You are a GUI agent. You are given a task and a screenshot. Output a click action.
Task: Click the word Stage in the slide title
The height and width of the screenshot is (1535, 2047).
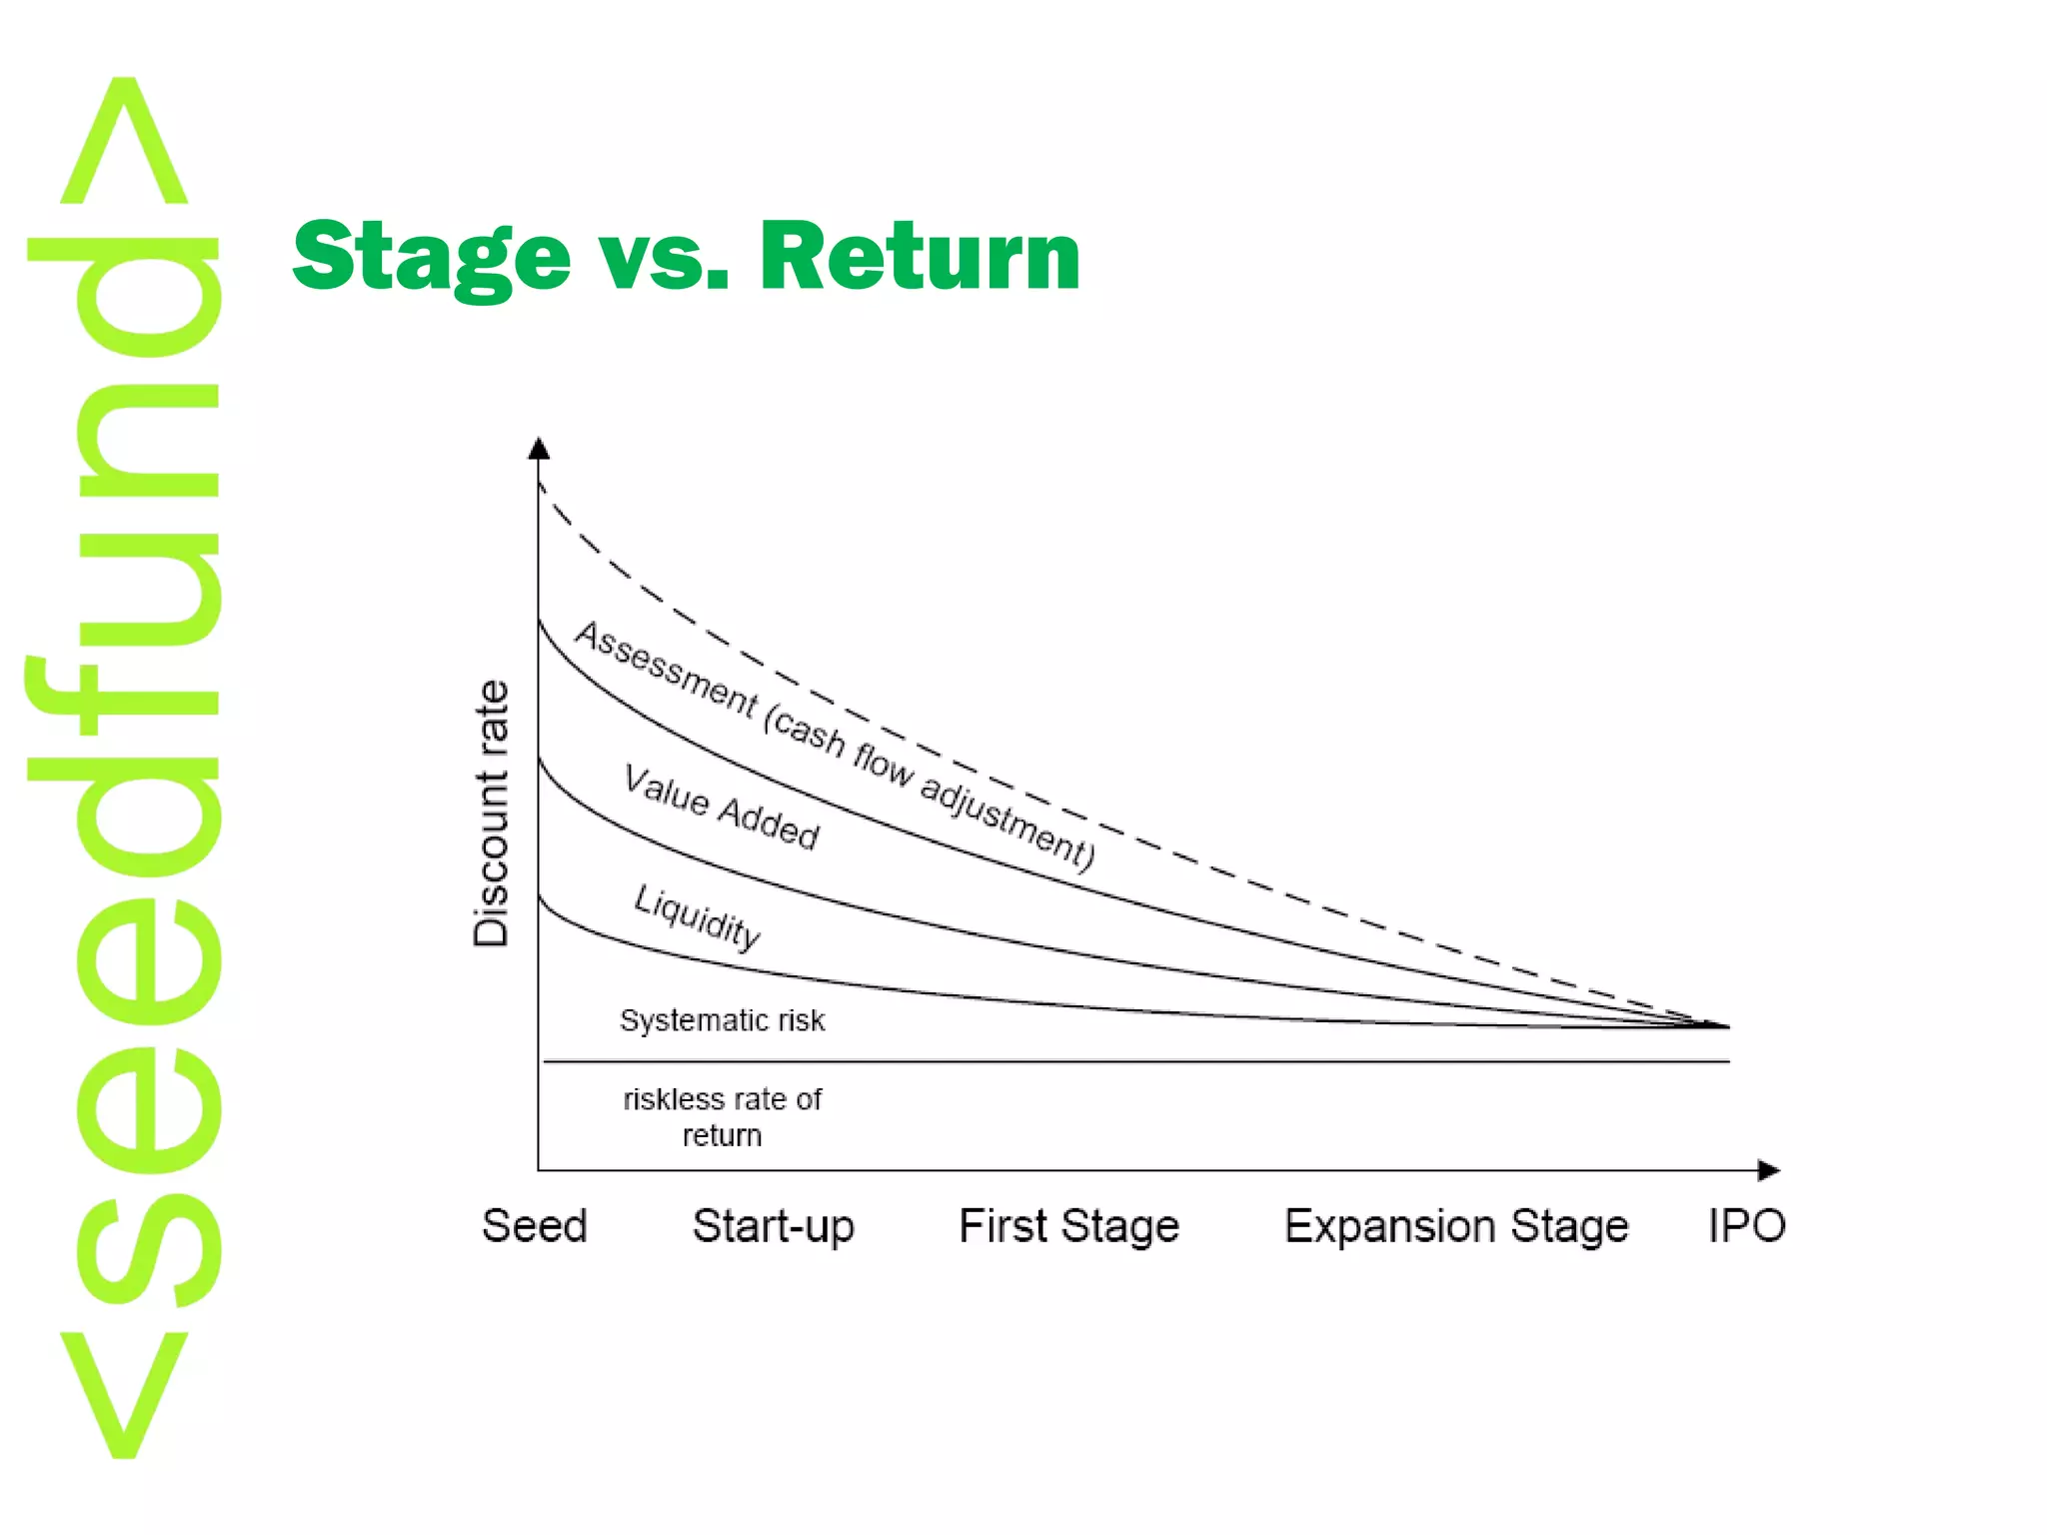pos(431,258)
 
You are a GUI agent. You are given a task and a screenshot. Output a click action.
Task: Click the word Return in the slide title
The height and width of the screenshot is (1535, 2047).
pos(920,258)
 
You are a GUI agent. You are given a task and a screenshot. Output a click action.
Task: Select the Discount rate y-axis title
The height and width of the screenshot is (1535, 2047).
pos(492,813)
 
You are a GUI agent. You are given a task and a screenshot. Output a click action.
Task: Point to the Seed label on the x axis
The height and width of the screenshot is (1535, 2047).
pos(535,1226)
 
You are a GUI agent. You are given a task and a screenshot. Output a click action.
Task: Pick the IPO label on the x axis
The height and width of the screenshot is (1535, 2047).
pos(1746,1226)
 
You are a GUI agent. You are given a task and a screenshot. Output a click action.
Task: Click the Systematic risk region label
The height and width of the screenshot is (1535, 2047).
pos(722,1020)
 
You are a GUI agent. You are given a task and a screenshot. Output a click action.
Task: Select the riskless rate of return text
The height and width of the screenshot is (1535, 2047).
pos(722,1117)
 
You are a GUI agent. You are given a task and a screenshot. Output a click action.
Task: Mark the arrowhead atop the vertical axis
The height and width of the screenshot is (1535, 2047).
pos(539,448)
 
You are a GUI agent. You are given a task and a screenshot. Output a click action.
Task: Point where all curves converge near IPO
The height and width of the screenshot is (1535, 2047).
pos(1721,1025)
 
